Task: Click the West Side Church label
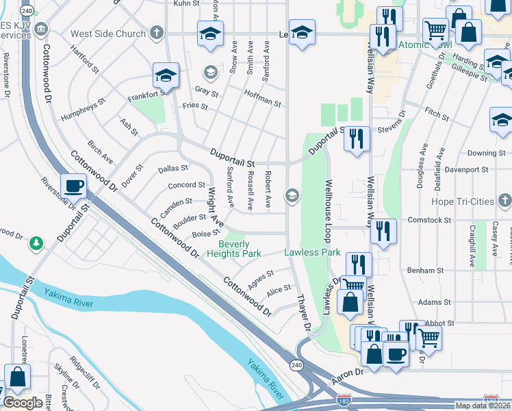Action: point(108,34)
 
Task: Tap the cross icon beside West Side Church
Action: point(157,33)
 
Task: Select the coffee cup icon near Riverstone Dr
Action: point(73,185)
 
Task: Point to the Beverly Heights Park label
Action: point(240,249)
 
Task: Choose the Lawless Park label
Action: point(312,253)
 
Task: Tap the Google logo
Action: point(23,403)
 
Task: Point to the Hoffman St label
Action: point(262,99)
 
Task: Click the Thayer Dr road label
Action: point(304,314)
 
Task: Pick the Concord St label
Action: point(187,185)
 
